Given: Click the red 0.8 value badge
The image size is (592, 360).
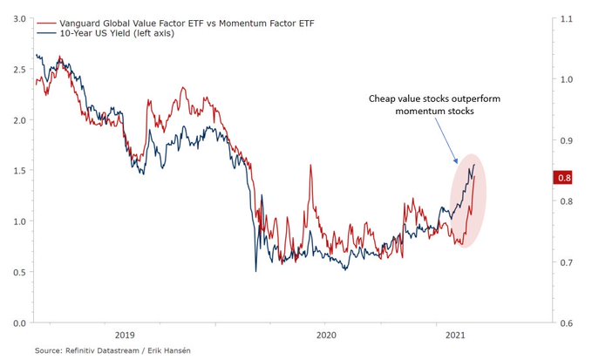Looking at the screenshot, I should [563, 178].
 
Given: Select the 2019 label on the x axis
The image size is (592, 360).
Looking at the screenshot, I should [125, 335].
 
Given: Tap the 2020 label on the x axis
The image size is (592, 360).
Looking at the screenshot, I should [326, 335].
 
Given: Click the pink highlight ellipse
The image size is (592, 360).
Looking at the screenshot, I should [469, 218].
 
